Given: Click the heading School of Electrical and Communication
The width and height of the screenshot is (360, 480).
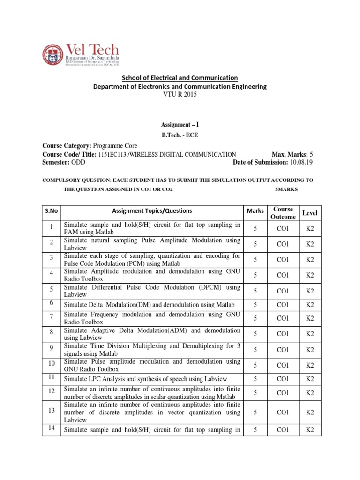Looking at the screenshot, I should [180, 77].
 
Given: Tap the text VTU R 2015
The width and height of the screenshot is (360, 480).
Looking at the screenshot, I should [180, 94].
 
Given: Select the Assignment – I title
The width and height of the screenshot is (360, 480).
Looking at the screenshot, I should [180, 125].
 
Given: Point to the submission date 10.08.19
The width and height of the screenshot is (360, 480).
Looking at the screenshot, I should [302, 162].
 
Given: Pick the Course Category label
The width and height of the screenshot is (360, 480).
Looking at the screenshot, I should [67, 146].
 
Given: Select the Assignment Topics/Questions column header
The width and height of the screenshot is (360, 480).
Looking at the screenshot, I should [152, 211].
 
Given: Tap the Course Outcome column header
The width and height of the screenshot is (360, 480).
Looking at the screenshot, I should [283, 213].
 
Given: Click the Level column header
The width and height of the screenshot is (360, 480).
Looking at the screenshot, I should [310, 213].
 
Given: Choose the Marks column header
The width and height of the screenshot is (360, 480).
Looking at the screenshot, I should [255, 211].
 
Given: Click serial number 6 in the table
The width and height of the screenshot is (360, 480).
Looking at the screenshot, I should [51, 303].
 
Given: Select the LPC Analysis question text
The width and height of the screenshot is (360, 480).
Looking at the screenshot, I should [145, 379].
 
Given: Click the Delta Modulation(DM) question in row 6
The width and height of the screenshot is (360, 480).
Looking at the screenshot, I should [145, 305].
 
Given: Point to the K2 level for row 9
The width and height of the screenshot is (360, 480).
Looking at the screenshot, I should [310, 349].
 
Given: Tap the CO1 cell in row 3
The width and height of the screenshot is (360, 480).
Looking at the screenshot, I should [283, 259].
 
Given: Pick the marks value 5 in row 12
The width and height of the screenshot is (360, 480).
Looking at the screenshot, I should [255, 393].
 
